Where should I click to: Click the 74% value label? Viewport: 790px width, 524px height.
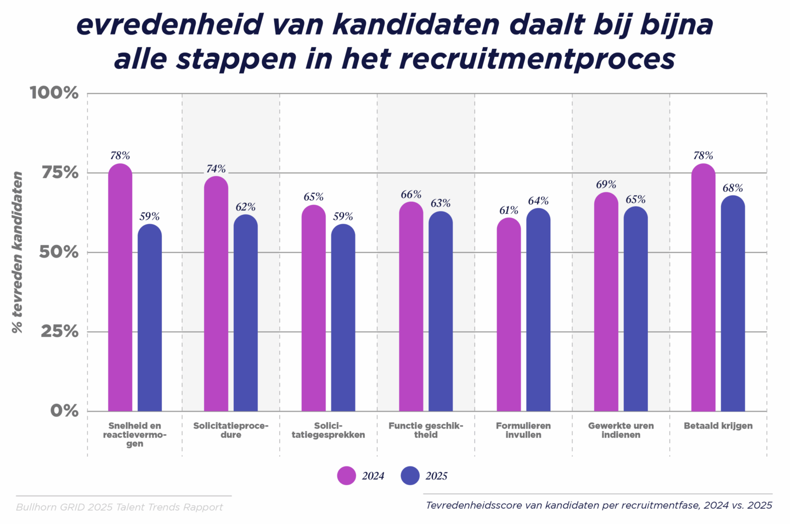tap(216, 169)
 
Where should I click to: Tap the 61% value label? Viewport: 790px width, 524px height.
tap(509, 210)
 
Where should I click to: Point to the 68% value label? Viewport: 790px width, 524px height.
tap(732, 188)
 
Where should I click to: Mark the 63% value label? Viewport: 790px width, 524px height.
tap(441, 203)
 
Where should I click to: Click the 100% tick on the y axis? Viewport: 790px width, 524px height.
tap(54, 93)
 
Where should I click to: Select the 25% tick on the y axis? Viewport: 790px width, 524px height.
tap(60, 332)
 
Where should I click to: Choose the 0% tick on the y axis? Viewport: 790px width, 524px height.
tap(65, 411)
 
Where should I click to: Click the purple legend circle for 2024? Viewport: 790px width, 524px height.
tap(347, 476)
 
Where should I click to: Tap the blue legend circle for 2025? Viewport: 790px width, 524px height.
tap(410, 476)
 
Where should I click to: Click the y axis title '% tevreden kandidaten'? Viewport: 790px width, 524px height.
tap(17, 252)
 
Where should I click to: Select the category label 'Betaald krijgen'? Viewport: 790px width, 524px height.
tap(718, 426)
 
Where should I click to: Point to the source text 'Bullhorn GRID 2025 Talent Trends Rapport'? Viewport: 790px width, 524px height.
tap(120, 507)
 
